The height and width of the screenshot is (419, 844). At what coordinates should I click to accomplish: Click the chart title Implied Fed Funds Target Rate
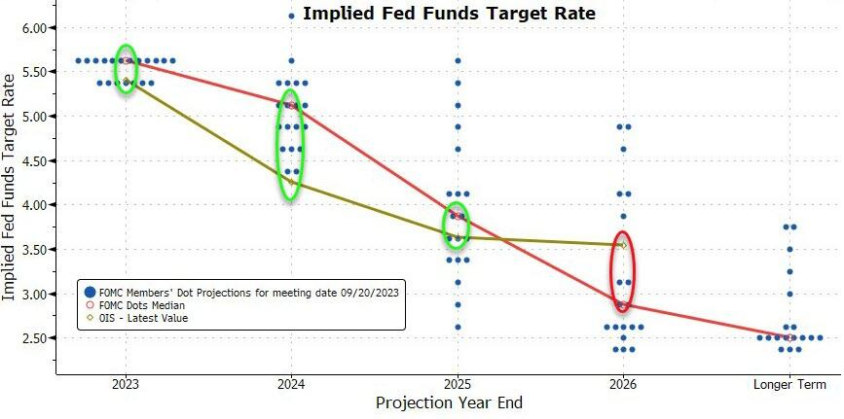click(x=449, y=14)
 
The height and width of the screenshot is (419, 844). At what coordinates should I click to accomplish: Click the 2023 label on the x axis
click(x=125, y=384)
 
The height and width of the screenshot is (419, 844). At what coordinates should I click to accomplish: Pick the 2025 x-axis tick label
click(x=458, y=384)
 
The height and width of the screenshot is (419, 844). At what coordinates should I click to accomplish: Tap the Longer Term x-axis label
click(x=789, y=384)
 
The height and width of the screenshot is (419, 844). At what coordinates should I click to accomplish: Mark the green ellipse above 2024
click(x=291, y=146)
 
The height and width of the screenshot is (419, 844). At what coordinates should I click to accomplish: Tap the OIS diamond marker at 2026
click(x=623, y=245)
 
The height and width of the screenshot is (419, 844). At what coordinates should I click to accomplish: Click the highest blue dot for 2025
click(x=458, y=61)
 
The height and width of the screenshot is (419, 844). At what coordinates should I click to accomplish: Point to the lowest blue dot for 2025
click(x=458, y=327)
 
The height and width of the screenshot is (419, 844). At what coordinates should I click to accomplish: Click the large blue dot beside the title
click(x=291, y=16)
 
